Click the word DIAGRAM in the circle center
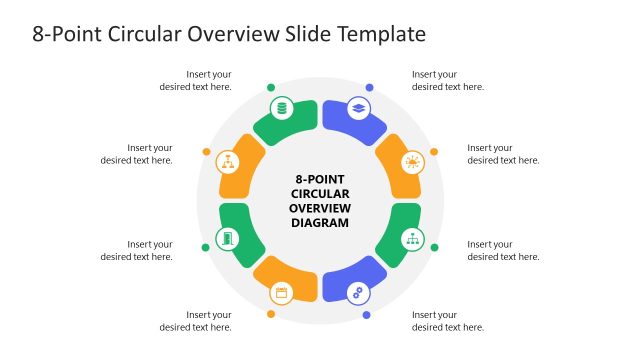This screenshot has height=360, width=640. pyautogui.click(x=320, y=223)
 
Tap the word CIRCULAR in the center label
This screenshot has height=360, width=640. pyautogui.click(x=320, y=193)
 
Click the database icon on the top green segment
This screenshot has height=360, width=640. pyautogui.click(x=281, y=108)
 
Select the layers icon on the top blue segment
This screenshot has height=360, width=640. pyautogui.click(x=358, y=108)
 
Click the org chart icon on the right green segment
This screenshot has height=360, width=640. pyautogui.click(x=412, y=239)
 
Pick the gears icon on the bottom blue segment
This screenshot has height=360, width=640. pyautogui.click(x=358, y=293)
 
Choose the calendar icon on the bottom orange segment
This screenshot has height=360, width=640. pyautogui.click(x=281, y=293)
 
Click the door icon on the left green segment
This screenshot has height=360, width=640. pyautogui.click(x=228, y=239)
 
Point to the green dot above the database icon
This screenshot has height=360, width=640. pyautogui.click(x=270, y=87)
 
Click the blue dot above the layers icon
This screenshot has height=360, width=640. pyautogui.click(x=369, y=87)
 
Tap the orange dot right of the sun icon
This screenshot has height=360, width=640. pyautogui.click(x=434, y=152)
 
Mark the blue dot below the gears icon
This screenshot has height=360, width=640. pyautogui.click(x=367, y=315)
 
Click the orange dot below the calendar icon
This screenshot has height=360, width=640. pyautogui.click(x=271, y=314)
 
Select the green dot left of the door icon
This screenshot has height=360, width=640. pyautogui.click(x=206, y=247)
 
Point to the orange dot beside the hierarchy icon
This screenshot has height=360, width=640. pyautogui.click(x=207, y=152)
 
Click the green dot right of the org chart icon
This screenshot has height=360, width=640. pyautogui.click(x=434, y=247)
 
